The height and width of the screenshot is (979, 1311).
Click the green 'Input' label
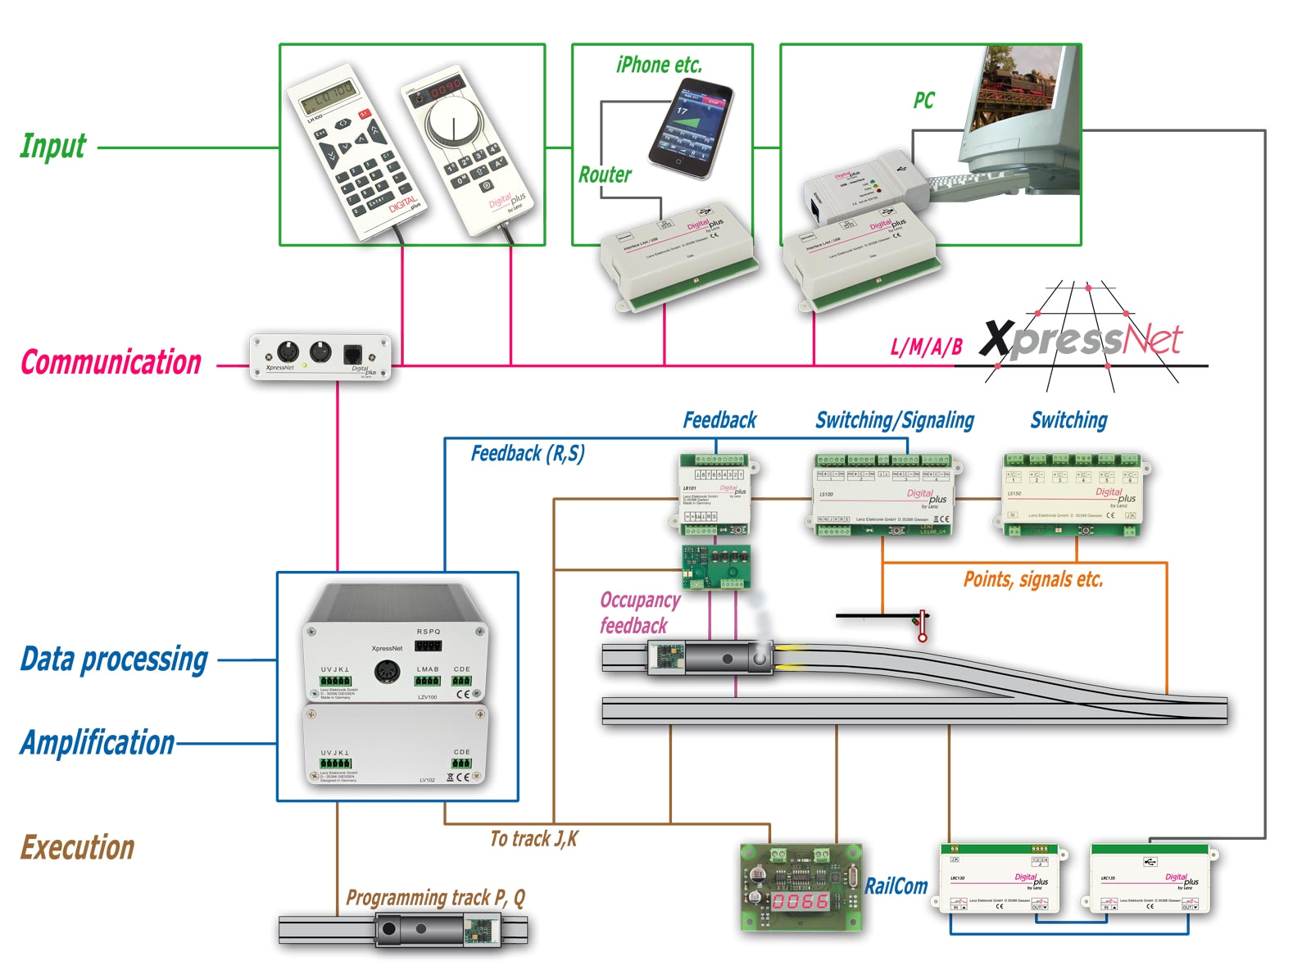pos(52,147)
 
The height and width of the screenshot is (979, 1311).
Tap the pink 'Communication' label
pos(111,362)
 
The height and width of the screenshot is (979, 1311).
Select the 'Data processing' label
pos(114,659)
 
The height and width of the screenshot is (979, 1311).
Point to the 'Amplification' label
pos(98,742)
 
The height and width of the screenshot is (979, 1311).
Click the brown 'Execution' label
pos(77,847)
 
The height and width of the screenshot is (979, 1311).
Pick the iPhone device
pos(690,129)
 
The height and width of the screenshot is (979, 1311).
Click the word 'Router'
pos(605,174)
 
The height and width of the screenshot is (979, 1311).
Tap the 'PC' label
pos(923,101)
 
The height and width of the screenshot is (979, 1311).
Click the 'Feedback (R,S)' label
pos(527,454)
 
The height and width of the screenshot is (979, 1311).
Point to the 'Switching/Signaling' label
pos(895,420)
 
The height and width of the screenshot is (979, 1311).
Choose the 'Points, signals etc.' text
pos(1032,580)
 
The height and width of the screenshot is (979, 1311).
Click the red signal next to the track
pos(922,625)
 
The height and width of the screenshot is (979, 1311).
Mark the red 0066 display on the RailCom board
pos(800,901)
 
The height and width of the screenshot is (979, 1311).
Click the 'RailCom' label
pos(896,886)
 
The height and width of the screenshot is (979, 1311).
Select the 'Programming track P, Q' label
pos(435,898)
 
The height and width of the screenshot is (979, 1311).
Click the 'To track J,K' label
pos(533,839)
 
